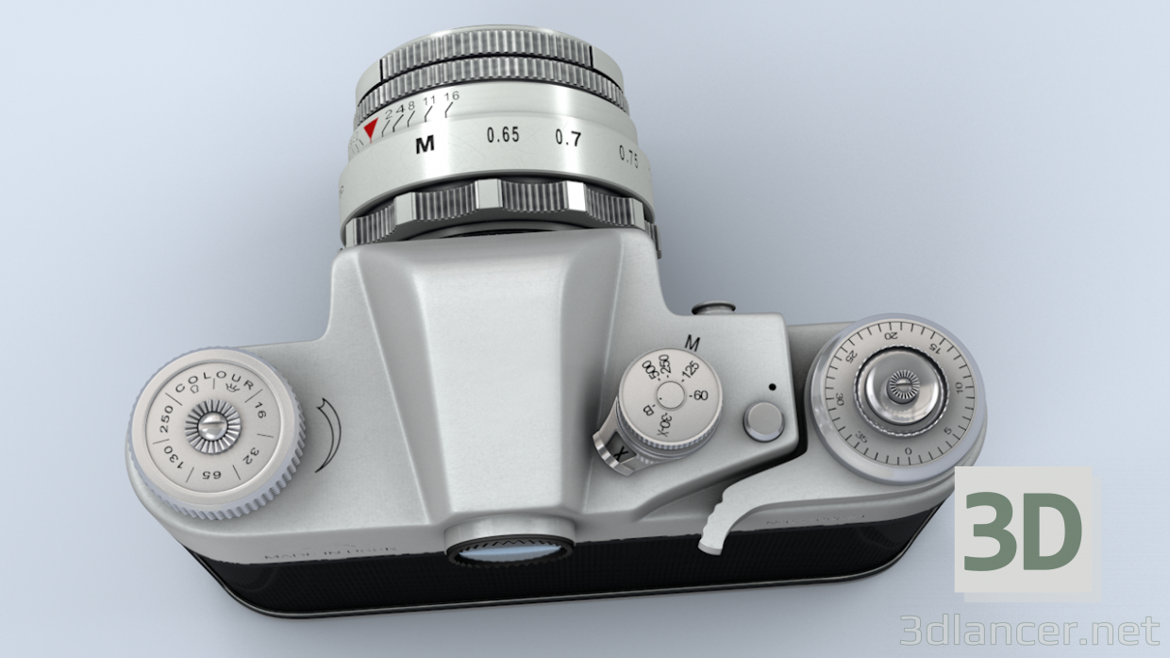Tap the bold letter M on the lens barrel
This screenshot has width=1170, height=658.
[x=425, y=145]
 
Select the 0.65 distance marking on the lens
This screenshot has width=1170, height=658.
[x=503, y=135]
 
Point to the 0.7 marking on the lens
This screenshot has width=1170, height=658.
[x=568, y=139]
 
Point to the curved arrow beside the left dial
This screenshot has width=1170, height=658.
[x=324, y=434]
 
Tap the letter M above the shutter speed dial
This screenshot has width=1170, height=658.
[x=694, y=342]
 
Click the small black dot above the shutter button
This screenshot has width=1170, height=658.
[x=772, y=386]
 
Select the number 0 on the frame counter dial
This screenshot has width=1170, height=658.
[x=908, y=451]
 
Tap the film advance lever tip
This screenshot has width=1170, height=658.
[x=712, y=539]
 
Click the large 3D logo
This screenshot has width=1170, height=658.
[x=1023, y=532]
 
